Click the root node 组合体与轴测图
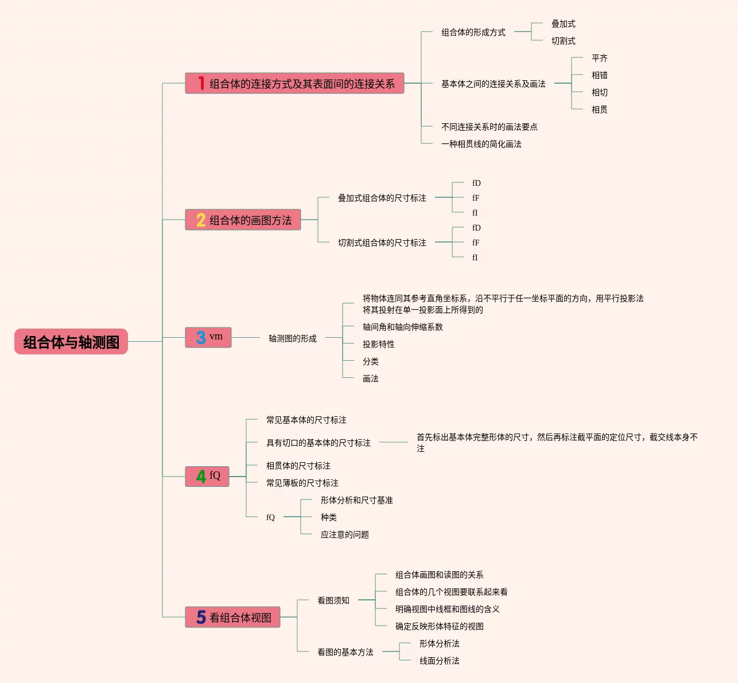point(71,342)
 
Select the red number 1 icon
point(201,84)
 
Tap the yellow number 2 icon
point(201,220)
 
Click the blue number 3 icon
point(201,338)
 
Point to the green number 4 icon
point(201,477)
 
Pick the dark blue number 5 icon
point(201,617)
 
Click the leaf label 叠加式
point(563,24)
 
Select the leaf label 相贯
point(599,110)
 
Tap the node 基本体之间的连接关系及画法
point(493,84)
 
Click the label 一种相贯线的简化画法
point(481,145)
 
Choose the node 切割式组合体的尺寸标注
point(382,243)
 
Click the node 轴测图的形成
point(292,339)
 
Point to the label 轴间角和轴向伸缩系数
point(402,327)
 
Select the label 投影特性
point(378,345)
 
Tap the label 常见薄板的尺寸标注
point(302,483)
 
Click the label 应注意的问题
point(344,535)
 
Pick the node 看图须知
point(333,601)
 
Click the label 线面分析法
point(439,661)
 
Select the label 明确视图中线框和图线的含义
point(447,610)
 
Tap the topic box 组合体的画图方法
point(250,220)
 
